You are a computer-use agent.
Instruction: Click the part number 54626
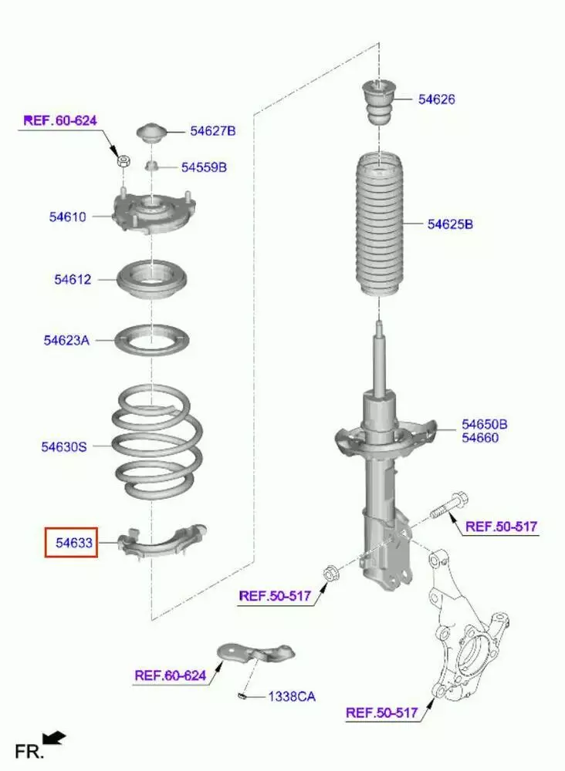437,99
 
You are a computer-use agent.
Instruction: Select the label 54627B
213,131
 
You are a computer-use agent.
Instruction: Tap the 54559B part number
205,167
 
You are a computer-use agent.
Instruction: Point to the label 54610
67,217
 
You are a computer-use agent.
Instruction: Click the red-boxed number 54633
74,543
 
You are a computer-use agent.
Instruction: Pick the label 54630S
64,447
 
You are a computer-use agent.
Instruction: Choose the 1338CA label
292,697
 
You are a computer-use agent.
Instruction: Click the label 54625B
450,224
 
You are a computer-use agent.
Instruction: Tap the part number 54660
480,438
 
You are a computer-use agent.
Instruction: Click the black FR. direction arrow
54,738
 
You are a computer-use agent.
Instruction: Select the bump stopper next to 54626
379,103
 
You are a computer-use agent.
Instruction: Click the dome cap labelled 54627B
152,133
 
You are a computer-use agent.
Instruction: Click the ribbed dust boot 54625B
379,225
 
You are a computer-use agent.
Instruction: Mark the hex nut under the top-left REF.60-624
123,161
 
